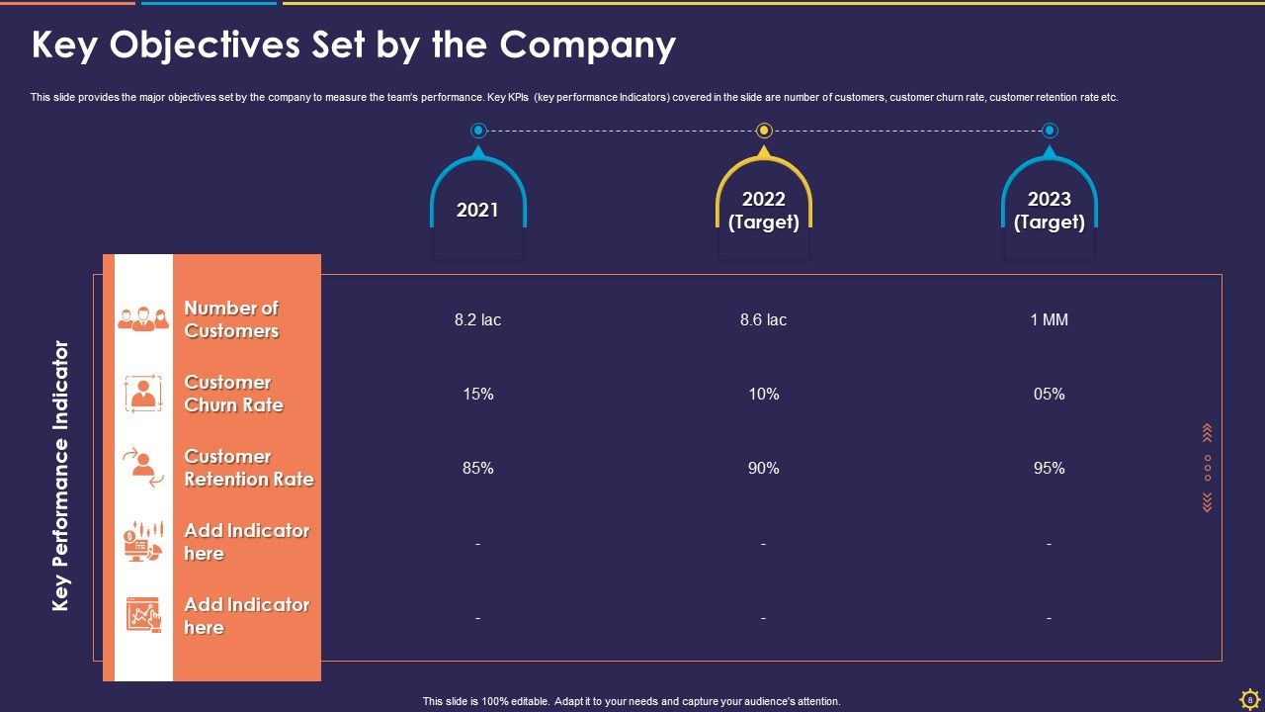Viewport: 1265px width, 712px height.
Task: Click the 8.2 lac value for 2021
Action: click(477, 320)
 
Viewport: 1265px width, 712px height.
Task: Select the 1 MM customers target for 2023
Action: click(1049, 320)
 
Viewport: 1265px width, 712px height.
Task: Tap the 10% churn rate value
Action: click(763, 395)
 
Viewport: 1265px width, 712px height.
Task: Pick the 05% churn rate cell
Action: click(1049, 395)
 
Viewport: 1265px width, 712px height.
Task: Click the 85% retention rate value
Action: click(477, 469)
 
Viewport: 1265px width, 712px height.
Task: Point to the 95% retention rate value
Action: click(1049, 469)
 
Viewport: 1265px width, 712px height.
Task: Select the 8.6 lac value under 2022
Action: click(763, 320)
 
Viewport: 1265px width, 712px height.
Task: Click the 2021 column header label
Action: click(477, 210)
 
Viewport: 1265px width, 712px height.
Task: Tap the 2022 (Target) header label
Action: click(763, 211)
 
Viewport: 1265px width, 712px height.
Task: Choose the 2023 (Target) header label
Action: click(1049, 211)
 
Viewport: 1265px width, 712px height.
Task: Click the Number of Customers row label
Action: click(231, 319)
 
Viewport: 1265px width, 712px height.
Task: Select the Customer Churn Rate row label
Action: click(233, 394)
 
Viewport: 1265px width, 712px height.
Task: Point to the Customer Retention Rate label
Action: click(248, 468)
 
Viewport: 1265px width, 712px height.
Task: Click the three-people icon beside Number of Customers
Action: click(143, 318)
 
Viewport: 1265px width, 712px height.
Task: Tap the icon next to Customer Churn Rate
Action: click(143, 394)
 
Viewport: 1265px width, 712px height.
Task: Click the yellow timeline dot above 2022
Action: click(764, 131)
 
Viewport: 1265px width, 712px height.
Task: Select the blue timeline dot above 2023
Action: click(1050, 131)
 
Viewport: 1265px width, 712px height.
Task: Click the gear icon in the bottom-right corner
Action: click(1249, 699)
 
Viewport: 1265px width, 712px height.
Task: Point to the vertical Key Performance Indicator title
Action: click(61, 476)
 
